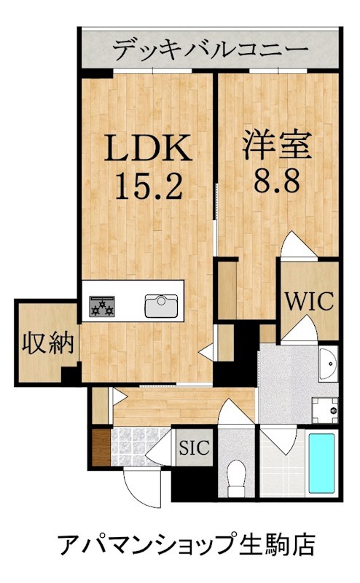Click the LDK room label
(x=148, y=147)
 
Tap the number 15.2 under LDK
(x=149, y=187)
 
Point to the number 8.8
(x=277, y=180)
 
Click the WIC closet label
(x=310, y=301)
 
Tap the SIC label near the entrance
(x=194, y=447)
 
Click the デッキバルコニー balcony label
(x=211, y=49)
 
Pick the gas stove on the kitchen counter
(x=101, y=306)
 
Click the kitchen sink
(x=161, y=306)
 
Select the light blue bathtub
(x=321, y=463)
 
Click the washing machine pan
(x=325, y=410)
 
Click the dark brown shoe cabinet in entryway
(x=101, y=447)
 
